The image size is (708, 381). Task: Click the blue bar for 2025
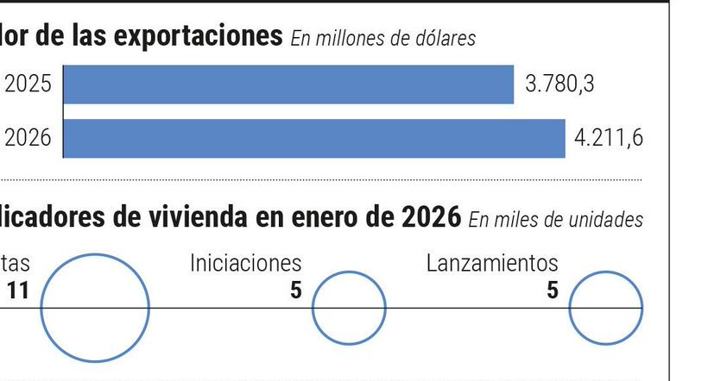(x=288, y=84)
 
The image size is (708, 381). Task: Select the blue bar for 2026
(x=314, y=138)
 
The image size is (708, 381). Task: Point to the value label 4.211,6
(x=609, y=138)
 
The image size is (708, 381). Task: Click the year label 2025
(x=28, y=84)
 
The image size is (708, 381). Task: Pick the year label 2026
(x=28, y=138)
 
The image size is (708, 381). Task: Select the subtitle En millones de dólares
(x=382, y=39)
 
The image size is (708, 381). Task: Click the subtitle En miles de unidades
(x=556, y=220)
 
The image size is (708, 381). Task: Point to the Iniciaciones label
(x=246, y=263)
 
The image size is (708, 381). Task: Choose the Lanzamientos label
(x=492, y=263)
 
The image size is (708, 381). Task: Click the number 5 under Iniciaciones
(x=295, y=290)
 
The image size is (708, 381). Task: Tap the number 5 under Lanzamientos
(x=552, y=290)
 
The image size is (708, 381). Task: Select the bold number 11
(x=18, y=290)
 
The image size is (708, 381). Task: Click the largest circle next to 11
(x=95, y=307)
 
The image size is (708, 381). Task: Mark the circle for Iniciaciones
(x=349, y=308)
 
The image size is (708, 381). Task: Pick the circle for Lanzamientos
(x=605, y=308)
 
